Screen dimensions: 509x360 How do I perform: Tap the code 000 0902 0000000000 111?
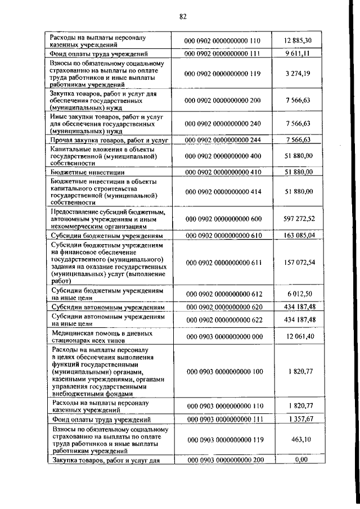coord(223,54)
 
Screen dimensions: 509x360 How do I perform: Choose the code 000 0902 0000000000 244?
coord(223,139)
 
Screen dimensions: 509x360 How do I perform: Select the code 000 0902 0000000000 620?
coord(223,308)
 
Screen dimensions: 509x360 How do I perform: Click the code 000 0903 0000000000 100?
coord(223,372)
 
